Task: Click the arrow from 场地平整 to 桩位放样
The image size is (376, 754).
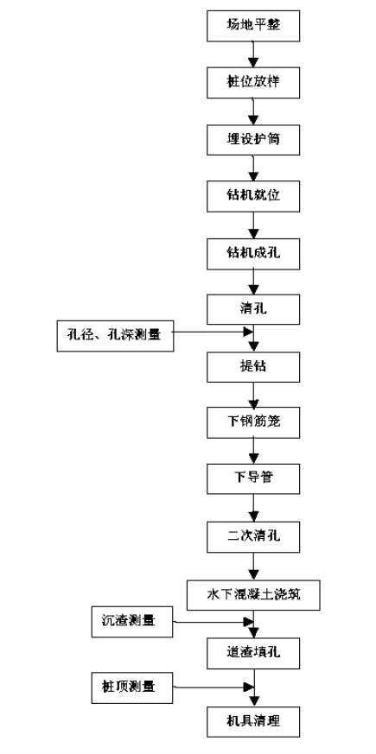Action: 253,54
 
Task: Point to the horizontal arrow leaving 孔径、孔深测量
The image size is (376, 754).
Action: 213,332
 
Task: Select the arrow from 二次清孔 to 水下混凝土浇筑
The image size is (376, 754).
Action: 253,566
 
